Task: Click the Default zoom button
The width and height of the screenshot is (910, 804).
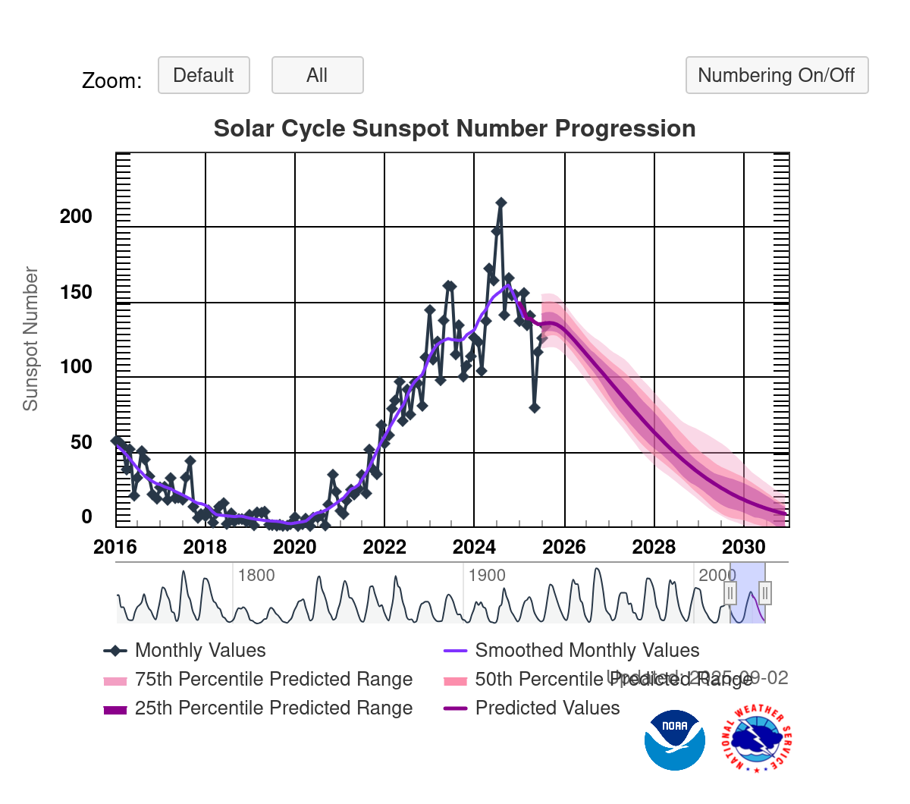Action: tap(203, 75)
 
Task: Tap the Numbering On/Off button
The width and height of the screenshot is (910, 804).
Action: tap(776, 75)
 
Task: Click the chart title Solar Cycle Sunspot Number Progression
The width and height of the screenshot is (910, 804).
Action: tap(454, 128)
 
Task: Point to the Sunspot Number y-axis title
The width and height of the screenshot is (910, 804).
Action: tap(30, 338)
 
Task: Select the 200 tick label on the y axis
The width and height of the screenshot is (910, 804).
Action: tap(76, 216)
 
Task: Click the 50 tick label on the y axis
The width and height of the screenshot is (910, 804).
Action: tap(81, 442)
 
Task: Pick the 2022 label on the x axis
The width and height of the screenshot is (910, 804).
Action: tap(384, 547)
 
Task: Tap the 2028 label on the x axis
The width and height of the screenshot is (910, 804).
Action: tap(654, 547)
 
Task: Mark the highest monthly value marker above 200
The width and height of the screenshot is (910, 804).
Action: tap(500, 203)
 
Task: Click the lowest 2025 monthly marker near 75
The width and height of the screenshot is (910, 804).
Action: tap(535, 407)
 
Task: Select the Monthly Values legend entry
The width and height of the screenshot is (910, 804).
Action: tap(199, 650)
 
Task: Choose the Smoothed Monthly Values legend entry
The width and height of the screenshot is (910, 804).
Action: tap(586, 650)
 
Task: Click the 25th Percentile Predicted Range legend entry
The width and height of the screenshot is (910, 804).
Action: tap(273, 708)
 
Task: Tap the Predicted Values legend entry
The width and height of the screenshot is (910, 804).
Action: tap(547, 708)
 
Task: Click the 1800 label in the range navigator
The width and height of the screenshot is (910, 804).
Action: tap(256, 575)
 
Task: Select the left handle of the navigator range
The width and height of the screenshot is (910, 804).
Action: tap(730, 592)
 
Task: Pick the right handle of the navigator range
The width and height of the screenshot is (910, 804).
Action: tap(765, 592)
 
